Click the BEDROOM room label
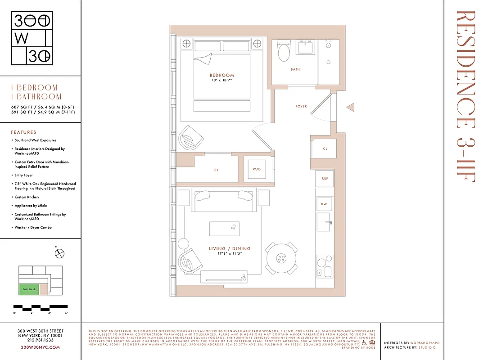(x=222, y=75)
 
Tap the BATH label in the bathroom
(x=295, y=70)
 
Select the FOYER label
(x=301, y=106)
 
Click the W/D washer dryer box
(x=257, y=170)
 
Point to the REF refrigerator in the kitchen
(x=325, y=179)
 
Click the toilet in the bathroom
(x=284, y=52)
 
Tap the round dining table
(x=281, y=259)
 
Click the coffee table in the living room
(x=224, y=229)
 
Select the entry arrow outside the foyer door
(x=350, y=107)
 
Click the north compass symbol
(x=60, y=253)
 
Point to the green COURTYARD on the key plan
(x=28, y=289)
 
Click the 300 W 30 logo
(x=32, y=39)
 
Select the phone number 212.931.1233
(x=41, y=341)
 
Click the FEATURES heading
(x=23, y=133)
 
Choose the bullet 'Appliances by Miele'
(x=31, y=206)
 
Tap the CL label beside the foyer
(x=325, y=148)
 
